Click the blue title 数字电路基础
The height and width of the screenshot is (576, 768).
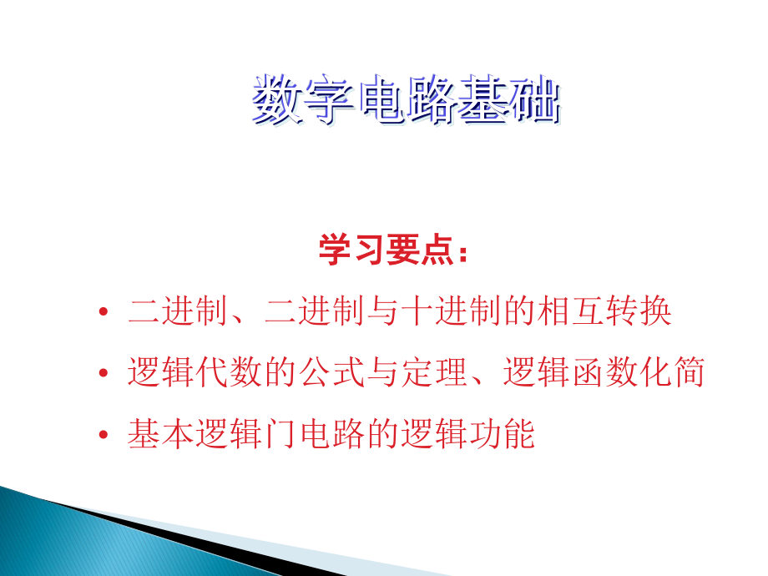pyautogui.click(x=406, y=99)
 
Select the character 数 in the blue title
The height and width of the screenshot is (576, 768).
pyautogui.click(x=277, y=99)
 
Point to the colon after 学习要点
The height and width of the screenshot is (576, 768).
pyautogui.click(x=463, y=253)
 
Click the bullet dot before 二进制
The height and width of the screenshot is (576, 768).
pyautogui.click(x=103, y=311)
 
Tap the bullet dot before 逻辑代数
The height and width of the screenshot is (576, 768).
pyautogui.click(x=103, y=373)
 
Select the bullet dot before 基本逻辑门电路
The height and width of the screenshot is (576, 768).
pyautogui.click(x=103, y=434)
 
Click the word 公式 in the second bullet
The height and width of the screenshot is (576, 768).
pyautogui.click(x=332, y=371)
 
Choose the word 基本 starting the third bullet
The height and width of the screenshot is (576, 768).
pyautogui.click(x=161, y=433)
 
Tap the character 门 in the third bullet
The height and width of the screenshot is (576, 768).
pyautogui.click(x=281, y=433)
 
